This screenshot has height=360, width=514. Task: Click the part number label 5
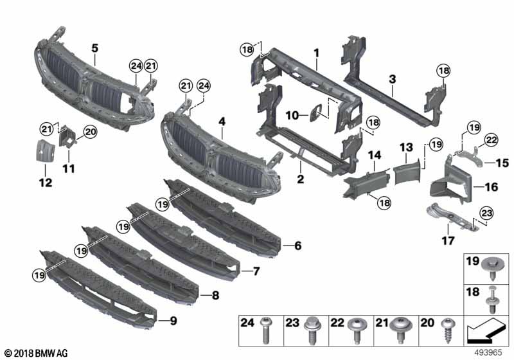click(x=94, y=48)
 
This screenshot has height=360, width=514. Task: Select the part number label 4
click(x=222, y=120)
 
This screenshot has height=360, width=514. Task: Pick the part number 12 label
click(x=44, y=183)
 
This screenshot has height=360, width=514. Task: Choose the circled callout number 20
click(x=89, y=132)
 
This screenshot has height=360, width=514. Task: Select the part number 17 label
click(x=447, y=240)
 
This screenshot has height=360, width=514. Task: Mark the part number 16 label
click(x=491, y=187)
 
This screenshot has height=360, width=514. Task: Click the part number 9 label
click(x=172, y=319)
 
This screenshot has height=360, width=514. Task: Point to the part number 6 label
click(x=297, y=245)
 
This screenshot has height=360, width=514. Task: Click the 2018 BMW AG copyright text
click(x=35, y=353)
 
